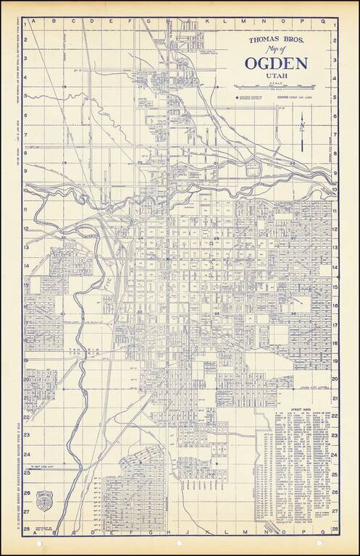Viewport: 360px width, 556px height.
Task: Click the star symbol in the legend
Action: [x=236, y=93]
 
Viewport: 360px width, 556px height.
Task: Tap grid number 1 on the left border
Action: [x=26, y=27]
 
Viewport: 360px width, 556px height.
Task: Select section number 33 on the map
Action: [x=217, y=313]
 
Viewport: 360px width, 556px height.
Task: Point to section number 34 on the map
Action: [x=293, y=313]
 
